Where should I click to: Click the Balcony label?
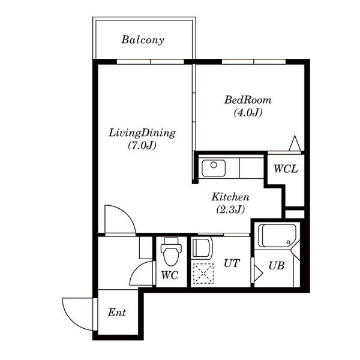tap(143, 40)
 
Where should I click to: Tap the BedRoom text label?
tap(248, 100)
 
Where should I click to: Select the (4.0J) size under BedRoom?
tap(248, 113)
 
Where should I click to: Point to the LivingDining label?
tap(142, 134)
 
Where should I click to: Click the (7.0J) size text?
tap(142, 145)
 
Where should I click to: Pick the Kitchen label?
tap(230, 197)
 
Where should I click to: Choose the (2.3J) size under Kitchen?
tap(230, 209)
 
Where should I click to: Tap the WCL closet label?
tap(286, 169)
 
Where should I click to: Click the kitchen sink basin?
tap(214, 168)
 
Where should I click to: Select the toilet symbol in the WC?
tap(171, 251)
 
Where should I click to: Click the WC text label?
tap(170, 275)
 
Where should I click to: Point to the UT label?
tap(232, 263)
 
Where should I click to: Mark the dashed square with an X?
tap(203, 274)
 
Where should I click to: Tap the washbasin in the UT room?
tap(202, 248)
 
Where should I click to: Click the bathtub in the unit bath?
tap(277, 236)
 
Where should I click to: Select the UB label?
tap(277, 266)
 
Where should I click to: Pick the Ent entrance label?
tap(117, 313)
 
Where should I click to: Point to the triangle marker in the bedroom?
tap(295, 143)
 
